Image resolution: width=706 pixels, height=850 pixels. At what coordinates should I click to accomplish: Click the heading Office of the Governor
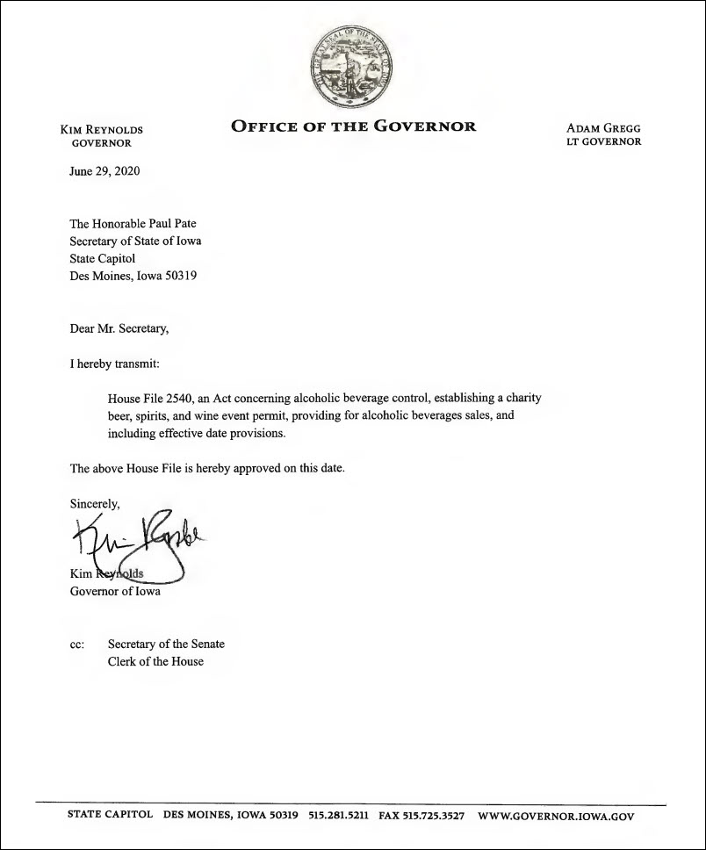(x=353, y=126)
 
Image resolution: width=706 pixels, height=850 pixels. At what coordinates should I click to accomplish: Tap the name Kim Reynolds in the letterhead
(x=101, y=129)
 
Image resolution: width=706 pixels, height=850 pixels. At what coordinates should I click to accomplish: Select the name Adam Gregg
(x=604, y=128)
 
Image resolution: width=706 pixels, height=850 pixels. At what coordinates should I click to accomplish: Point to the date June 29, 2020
(x=104, y=171)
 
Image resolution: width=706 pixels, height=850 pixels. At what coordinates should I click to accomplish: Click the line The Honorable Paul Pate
(x=133, y=224)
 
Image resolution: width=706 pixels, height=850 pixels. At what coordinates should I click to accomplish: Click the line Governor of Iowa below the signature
(x=115, y=591)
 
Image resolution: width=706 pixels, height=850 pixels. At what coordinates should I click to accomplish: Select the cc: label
(x=77, y=645)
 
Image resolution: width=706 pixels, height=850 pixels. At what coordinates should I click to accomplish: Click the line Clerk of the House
(x=155, y=661)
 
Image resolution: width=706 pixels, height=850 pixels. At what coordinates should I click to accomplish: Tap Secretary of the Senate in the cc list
(x=166, y=645)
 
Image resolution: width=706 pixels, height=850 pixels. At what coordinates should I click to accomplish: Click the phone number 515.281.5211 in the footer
(x=338, y=815)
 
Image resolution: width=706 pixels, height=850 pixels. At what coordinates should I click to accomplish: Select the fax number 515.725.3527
(x=434, y=815)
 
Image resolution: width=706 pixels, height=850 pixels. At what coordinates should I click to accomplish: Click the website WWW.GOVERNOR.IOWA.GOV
(x=555, y=815)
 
